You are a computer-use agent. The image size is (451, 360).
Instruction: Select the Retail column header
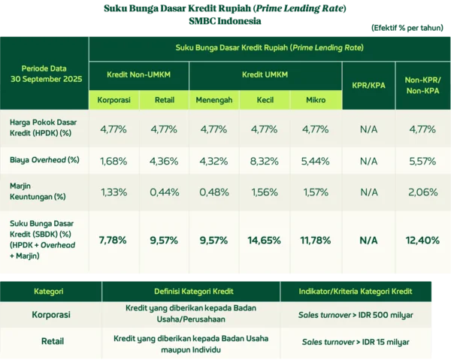pos(164,99)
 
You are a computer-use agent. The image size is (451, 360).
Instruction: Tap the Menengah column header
pos(214,99)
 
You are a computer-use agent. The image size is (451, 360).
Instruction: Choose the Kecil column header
pos(265,99)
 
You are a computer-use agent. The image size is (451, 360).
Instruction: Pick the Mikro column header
pos(315,99)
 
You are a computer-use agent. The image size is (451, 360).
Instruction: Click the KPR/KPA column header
pos(368,83)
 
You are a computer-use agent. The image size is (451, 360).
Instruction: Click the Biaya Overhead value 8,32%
pos(265,160)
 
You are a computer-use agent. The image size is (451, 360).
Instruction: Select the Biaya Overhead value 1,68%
pos(114,160)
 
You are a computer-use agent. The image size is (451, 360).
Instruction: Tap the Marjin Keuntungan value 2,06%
pos(422,192)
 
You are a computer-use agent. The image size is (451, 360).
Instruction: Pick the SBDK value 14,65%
pos(265,240)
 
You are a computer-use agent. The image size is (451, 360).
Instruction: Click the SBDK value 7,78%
pos(114,240)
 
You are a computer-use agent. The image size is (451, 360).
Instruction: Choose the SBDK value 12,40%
pos(422,240)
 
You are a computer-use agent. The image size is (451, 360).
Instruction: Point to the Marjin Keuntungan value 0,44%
pos(164,192)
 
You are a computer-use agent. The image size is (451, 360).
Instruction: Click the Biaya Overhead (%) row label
pos(44,160)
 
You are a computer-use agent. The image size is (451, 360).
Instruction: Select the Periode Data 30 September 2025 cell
pos(44,73)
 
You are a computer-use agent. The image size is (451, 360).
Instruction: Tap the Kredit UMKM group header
pos(265,75)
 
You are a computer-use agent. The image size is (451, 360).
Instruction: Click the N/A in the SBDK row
pos(368,240)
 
